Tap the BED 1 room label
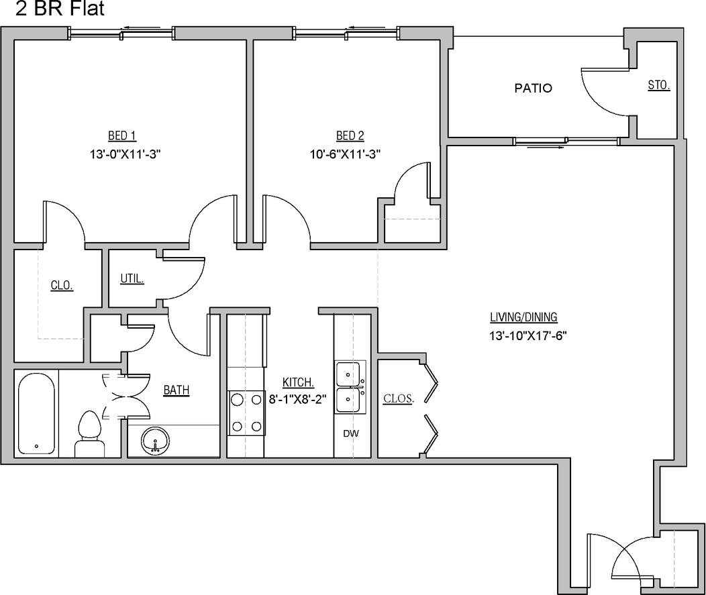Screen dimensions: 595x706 point(122,136)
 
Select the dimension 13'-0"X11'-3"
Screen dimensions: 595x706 point(126,154)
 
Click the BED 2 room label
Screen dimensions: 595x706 point(350,136)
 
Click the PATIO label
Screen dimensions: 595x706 point(534,88)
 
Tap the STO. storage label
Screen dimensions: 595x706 point(658,85)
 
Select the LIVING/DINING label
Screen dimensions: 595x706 point(523,318)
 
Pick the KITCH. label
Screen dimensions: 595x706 point(299,382)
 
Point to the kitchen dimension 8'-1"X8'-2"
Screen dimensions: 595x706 point(297,398)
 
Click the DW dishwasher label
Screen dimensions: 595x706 point(350,434)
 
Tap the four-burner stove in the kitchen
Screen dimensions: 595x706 point(246,412)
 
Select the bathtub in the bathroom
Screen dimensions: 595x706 point(36,415)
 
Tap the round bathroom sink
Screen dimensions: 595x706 point(156,441)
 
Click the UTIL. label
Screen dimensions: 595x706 point(132,278)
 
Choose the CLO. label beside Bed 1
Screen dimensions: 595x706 point(62,286)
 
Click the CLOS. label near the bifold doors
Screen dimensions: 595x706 point(399,398)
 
